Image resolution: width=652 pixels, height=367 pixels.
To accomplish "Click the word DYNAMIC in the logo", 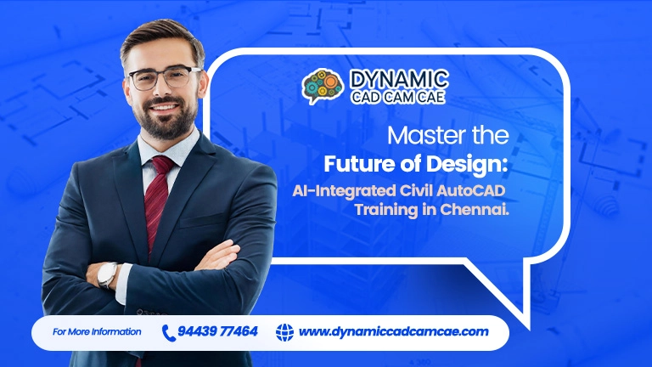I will pos(399,80).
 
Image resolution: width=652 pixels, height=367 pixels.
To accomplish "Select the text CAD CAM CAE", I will pos(399,98).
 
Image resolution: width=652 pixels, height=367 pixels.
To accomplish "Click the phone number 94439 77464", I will pos(219,331).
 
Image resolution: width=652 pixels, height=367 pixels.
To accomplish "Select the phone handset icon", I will pos(168,331).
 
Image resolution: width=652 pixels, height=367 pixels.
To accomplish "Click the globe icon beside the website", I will pos(284,331).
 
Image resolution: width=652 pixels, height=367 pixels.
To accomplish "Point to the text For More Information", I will pos(97,331).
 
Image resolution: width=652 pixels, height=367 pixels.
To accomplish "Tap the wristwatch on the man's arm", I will pos(108,274).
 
